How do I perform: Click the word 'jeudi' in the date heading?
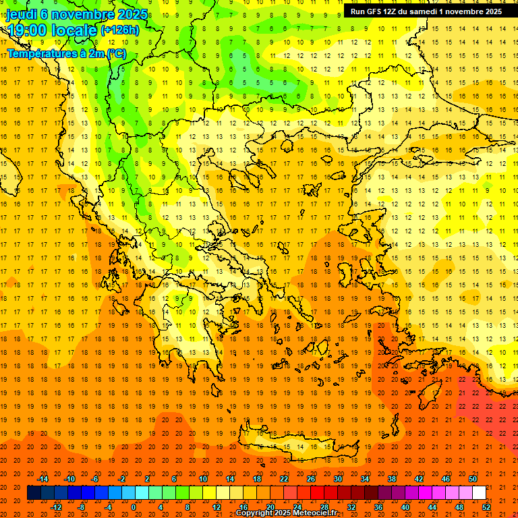(x=22, y=14)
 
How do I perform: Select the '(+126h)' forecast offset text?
(x=119, y=30)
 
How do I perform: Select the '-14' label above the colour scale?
(x=42, y=478)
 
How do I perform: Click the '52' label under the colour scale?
(x=486, y=507)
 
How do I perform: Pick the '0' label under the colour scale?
(x=134, y=507)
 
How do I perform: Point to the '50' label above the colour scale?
(x=473, y=478)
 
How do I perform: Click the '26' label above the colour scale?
(x=311, y=478)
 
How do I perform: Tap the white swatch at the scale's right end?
(x=480, y=493)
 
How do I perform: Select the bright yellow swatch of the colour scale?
(x=209, y=493)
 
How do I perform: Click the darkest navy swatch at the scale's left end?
(x=34, y=493)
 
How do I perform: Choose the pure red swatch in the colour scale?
(x=317, y=493)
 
